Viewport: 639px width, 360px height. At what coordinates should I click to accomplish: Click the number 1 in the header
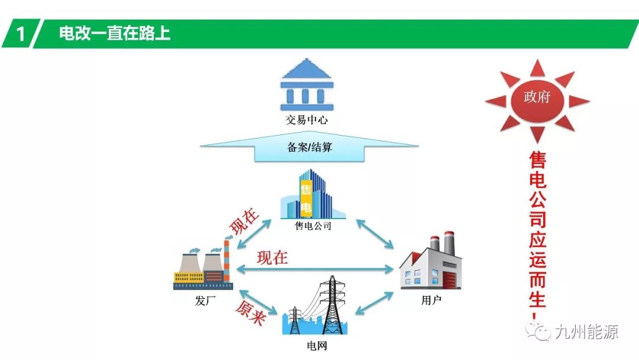pos(21,34)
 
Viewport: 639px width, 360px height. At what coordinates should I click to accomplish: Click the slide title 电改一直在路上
pos(115,33)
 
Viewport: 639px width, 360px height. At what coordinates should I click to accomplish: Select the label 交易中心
pos(306,121)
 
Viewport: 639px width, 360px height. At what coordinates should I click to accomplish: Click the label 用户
pos(431,300)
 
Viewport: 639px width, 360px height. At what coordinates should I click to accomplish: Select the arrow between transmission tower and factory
pos(375,304)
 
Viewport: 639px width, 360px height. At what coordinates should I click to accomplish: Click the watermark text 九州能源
pos(586,332)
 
